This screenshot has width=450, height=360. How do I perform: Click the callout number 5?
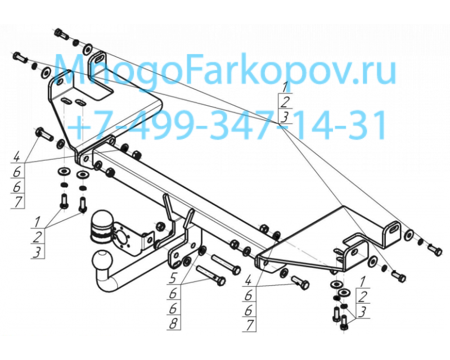tap(173, 278)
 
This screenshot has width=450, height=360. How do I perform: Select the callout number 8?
tap(173, 324)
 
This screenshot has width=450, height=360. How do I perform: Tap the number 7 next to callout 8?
tap(250, 325)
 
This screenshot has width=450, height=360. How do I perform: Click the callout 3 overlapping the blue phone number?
tap(284, 117)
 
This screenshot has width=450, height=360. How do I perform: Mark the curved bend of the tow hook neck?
tap(106, 283)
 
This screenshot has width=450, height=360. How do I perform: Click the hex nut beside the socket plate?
tap(160, 226)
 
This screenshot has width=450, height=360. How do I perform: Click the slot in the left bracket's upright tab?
tap(98, 58)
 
